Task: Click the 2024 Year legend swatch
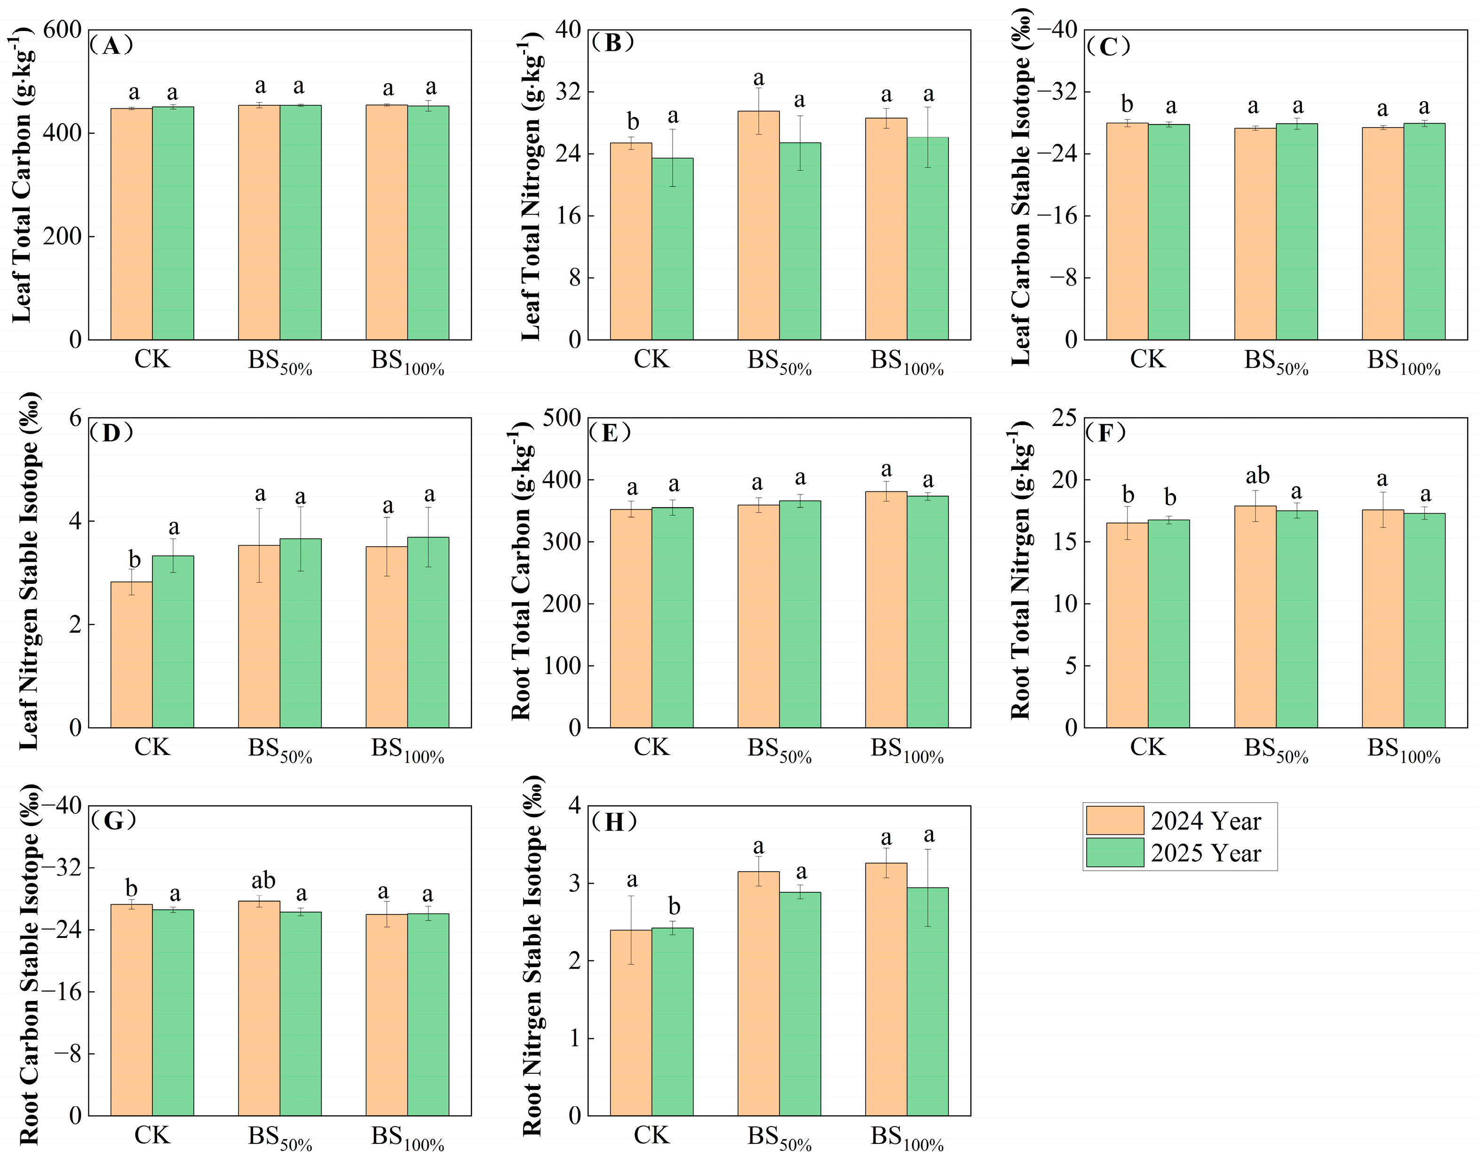pyautogui.click(x=1114, y=820)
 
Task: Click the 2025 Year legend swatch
pyautogui.click(x=1114, y=853)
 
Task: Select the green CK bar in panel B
pyautogui.click(x=673, y=248)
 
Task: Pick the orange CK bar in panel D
pyautogui.click(x=132, y=654)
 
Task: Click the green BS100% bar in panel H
pyautogui.click(x=928, y=1001)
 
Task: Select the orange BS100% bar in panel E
pyautogui.click(x=886, y=609)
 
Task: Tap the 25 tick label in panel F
pyautogui.click(x=1064, y=418)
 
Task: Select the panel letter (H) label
pyautogui.click(x=613, y=822)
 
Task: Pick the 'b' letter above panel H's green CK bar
pyautogui.click(x=674, y=906)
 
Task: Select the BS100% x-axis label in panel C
pyautogui.click(x=1403, y=362)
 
